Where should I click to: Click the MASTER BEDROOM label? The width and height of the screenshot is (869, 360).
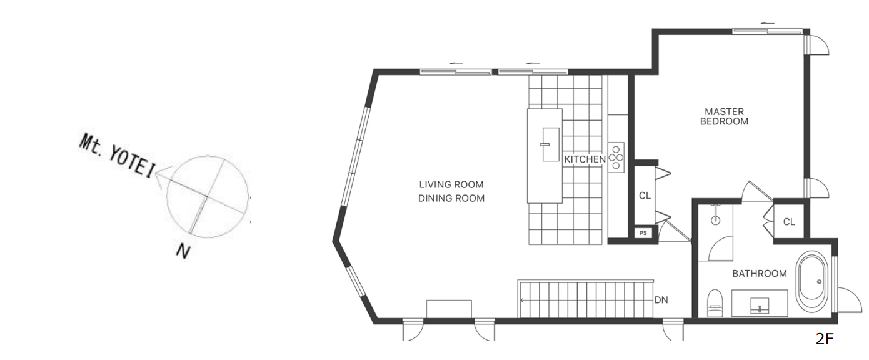tap(724, 116)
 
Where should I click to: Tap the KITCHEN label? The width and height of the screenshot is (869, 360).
tap(585, 159)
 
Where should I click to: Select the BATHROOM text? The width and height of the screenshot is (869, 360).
tap(759, 274)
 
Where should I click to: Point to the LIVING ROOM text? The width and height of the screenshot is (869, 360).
tap(451, 184)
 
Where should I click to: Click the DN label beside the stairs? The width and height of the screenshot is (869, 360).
tap(661, 300)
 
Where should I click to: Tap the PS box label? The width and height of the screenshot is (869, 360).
tap(643, 233)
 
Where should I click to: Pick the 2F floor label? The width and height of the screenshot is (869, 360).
tap(825, 339)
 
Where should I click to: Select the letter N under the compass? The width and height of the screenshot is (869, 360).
tap(183, 252)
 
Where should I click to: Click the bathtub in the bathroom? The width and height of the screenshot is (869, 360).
tap(811, 281)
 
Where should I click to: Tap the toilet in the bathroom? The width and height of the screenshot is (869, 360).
tap(715, 303)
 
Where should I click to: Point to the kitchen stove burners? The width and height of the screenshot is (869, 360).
tap(616, 157)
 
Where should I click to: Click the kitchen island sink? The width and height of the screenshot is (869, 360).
tap(551, 144)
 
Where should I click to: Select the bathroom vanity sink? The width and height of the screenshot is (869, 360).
tap(760, 305)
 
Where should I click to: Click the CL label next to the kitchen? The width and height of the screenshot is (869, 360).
tap(645, 196)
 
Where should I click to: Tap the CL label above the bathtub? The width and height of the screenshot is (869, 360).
tap(789, 222)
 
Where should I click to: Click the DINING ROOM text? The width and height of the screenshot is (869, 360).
tap(451, 199)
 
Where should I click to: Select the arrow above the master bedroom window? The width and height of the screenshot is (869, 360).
tap(767, 23)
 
